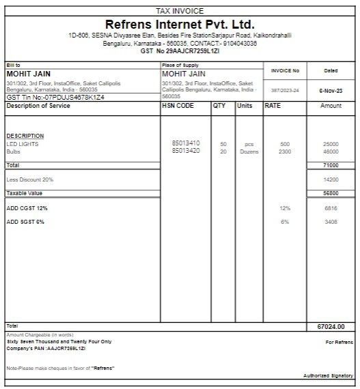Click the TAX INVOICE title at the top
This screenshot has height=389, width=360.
180,11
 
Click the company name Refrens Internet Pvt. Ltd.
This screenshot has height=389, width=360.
180,25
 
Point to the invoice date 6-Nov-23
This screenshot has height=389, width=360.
331,90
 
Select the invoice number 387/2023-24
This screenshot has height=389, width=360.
285,90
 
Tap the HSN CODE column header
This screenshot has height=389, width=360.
178,106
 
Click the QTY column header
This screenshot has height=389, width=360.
219,106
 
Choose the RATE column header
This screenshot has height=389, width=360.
273,106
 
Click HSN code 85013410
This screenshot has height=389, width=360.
186,144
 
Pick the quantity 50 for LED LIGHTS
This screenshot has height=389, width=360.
223,144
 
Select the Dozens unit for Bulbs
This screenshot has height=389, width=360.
249,152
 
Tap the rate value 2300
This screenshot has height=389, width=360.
284,152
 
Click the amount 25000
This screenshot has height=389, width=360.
331,144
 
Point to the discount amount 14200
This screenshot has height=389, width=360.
331,179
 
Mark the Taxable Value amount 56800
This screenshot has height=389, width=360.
331,193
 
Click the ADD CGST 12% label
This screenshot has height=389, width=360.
27,207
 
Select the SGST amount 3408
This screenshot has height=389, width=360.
331,222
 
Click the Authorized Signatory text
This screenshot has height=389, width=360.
329,376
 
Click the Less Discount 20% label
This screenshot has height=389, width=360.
30,179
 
